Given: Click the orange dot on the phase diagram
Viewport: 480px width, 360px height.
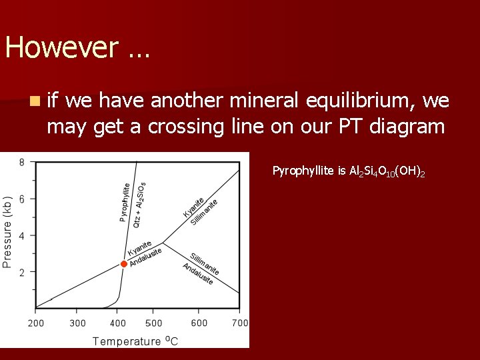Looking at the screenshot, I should point(123,264).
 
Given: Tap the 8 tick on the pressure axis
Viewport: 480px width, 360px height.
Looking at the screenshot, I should point(22,162).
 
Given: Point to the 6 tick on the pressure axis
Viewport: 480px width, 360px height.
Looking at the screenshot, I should point(22,199).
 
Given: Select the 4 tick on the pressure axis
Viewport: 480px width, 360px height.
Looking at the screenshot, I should point(22,235).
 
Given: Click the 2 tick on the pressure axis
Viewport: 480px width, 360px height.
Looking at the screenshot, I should point(22,272).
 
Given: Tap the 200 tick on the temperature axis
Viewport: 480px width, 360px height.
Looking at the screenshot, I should point(35,323).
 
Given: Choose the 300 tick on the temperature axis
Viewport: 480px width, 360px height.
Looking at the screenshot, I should point(77,323).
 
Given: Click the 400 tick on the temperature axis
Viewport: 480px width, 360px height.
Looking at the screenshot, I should point(118,323).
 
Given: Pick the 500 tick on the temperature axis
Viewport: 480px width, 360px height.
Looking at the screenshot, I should point(153,323).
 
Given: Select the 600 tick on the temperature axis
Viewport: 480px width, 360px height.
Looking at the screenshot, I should point(199,323).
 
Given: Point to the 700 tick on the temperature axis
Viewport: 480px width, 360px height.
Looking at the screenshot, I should point(239,323).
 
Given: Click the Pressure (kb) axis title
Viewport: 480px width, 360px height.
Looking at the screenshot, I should point(7,231).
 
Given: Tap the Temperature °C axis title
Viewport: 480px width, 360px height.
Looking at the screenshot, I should point(135,341).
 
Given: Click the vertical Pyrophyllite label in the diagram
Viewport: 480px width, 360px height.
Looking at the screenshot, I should point(124,193).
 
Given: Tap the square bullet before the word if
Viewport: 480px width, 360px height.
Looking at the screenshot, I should point(33,101).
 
